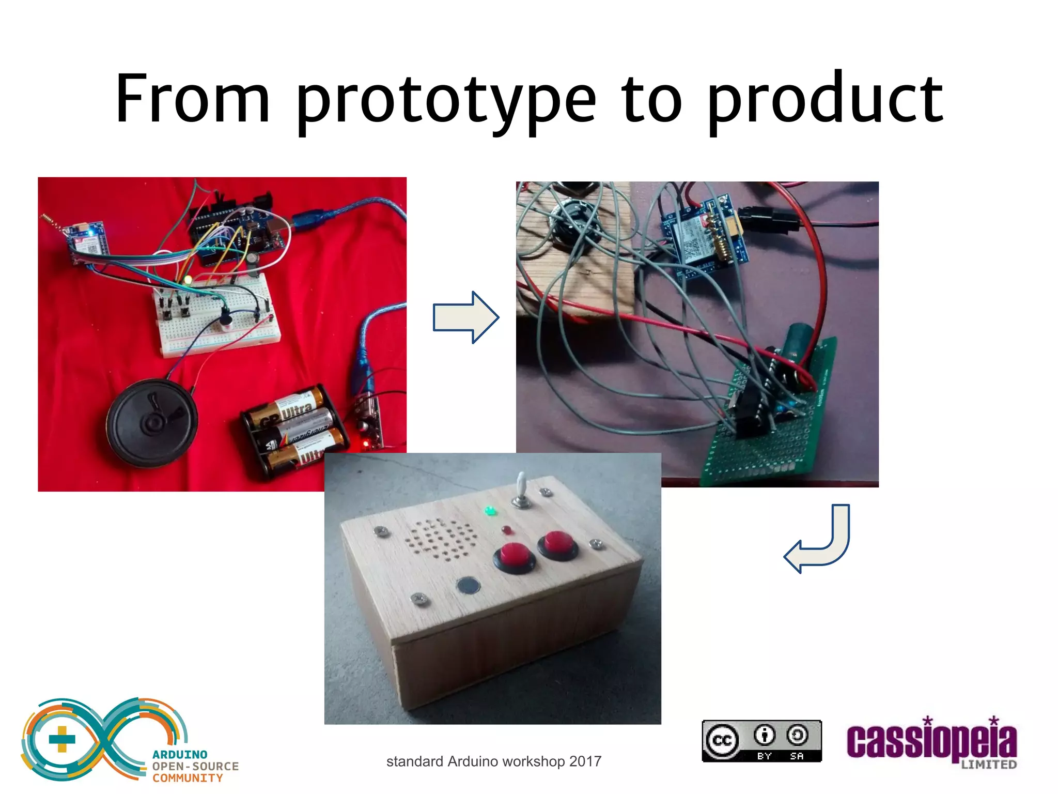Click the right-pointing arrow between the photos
pyautogui.click(x=465, y=317)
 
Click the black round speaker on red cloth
pyautogui.click(x=152, y=423)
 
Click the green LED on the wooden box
pyautogui.click(x=489, y=511)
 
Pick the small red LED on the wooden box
pyautogui.click(x=506, y=530)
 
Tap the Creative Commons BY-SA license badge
pyautogui.click(x=761, y=741)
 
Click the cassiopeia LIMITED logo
pyautogui.click(x=931, y=742)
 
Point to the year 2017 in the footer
pyautogui.click(x=585, y=761)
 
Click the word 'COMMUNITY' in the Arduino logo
pyautogui.click(x=188, y=778)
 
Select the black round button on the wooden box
pyautogui.click(x=469, y=586)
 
